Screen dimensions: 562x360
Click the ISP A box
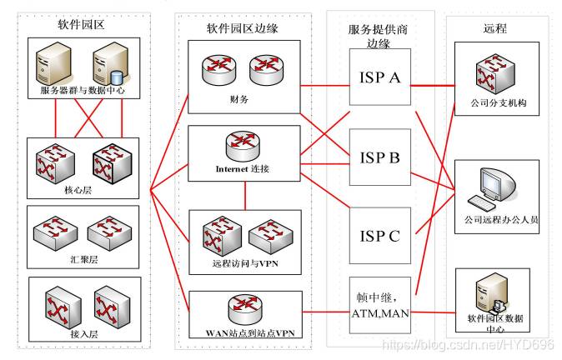pos(380,77)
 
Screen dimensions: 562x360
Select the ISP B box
pos(380,157)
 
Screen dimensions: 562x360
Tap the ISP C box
pos(380,236)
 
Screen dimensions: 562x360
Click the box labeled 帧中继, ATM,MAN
pos(380,305)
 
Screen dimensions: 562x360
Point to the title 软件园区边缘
pos(243,28)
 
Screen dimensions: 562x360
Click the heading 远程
pos(495,28)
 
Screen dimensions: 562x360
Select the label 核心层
pos(78,190)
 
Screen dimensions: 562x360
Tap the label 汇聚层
pos(84,259)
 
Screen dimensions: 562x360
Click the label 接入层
pos(84,334)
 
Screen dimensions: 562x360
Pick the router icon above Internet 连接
pos(243,146)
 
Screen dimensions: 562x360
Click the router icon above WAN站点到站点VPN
pos(245,309)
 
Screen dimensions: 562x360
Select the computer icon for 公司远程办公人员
pos(493,189)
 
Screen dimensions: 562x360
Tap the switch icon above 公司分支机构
pos(495,74)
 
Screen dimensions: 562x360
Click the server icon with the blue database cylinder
pos(110,64)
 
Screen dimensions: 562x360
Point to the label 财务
pos(239,99)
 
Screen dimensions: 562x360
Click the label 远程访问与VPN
pos(245,263)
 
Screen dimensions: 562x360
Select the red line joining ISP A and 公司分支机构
pos(433,86)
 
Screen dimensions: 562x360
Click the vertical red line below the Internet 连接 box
pos(245,196)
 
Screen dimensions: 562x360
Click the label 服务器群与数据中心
pos(83,90)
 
